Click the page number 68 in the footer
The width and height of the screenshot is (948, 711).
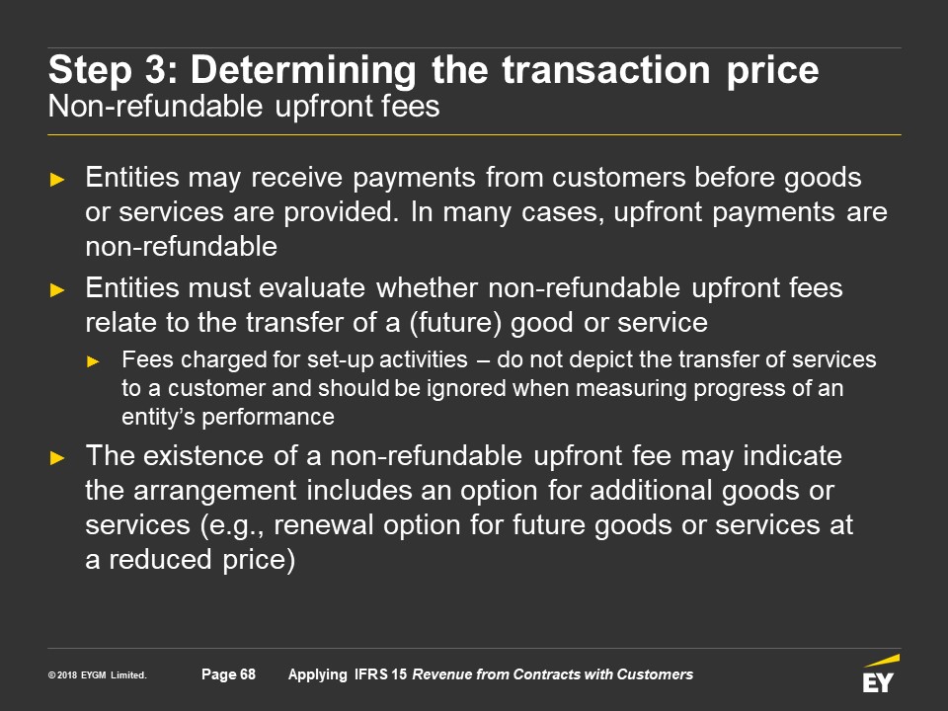248,674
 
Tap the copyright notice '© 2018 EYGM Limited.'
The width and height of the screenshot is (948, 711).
98,674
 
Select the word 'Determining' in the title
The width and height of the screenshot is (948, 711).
303,70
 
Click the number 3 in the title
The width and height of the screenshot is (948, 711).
155,69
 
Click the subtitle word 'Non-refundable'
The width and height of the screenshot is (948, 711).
155,107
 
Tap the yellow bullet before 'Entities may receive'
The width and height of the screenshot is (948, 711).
57,180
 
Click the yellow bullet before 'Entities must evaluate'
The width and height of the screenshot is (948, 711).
57,290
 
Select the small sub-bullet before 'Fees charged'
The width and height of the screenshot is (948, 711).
93,362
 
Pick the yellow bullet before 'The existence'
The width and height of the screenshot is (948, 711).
57,457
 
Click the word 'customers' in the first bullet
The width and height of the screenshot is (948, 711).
618,177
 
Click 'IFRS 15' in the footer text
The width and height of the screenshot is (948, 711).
380,674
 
